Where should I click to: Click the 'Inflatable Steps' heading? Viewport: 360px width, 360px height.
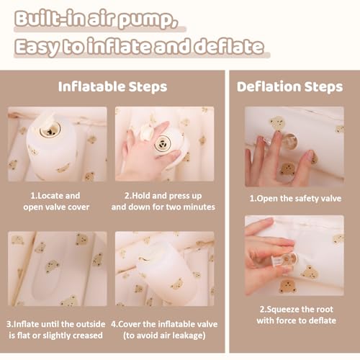click(x=112, y=87)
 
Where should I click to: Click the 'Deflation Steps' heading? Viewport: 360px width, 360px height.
click(x=289, y=86)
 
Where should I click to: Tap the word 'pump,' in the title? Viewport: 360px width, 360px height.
click(x=148, y=20)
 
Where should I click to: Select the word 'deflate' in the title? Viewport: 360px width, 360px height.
click(x=229, y=46)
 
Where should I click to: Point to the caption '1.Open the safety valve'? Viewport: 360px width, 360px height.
click(x=295, y=199)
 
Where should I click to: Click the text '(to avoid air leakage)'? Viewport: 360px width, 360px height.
click(x=164, y=336)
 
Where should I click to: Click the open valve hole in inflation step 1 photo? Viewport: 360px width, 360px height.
click(x=50, y=130)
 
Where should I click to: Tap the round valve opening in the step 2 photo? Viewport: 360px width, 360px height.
click(x=163, y=144)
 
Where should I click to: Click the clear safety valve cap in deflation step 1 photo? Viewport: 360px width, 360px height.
click(x=289, y=141)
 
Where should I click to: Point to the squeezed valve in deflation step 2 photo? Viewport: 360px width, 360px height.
click(x=286, y=260)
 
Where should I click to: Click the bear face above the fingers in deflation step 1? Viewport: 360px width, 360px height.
click(x=277, y=123)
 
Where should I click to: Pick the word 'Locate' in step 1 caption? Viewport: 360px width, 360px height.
click(x=50, y=196)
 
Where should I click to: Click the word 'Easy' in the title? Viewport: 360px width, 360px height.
click(x=37, y=47)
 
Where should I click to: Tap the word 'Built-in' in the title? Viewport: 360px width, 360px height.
click(x=50, y=19)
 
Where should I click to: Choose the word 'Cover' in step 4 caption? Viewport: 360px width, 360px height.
click(x=130, y=324)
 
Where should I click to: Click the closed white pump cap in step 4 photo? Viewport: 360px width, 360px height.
click(x=145, y=258)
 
